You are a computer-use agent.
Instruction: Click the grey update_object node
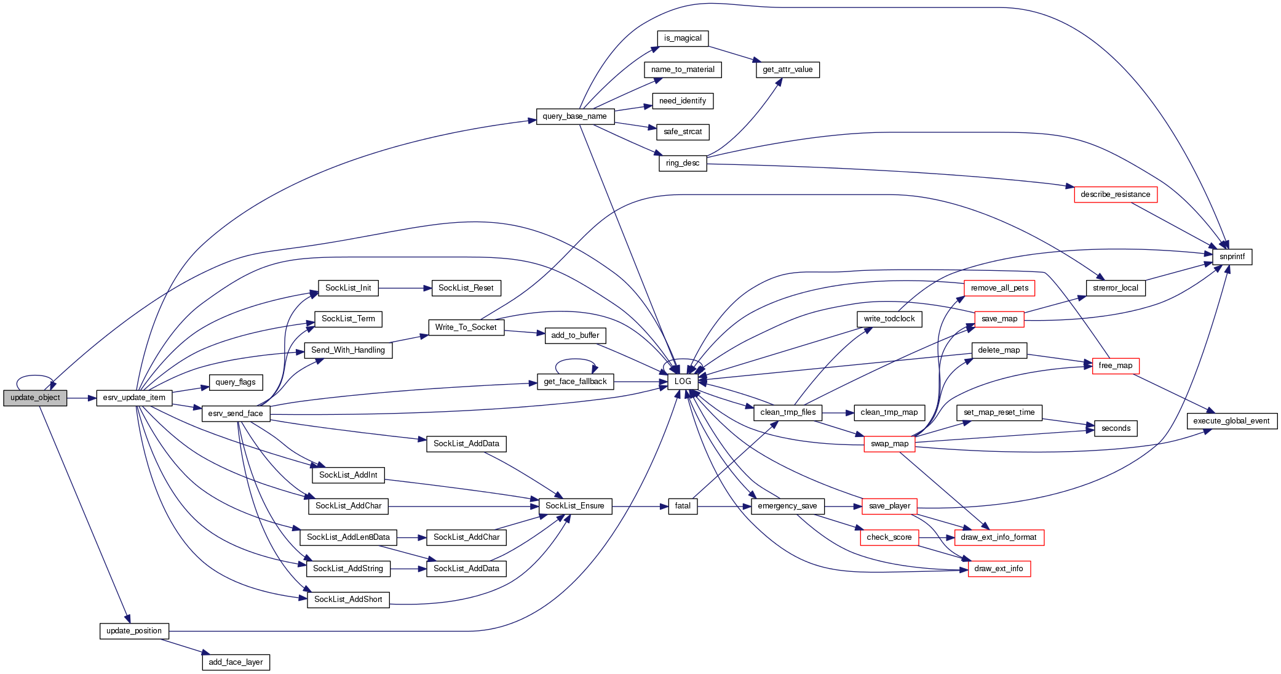pos(35,398)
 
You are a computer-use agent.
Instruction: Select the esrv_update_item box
pos(134,398)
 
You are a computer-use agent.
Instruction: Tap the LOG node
pos(683,382)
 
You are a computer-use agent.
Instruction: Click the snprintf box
pos(1232,257)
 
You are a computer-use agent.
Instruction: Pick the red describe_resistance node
pos(1115,195)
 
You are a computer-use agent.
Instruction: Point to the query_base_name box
pos(574,116)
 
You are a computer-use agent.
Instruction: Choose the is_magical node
pos(683,38)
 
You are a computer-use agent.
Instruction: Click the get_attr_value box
pos(787,70)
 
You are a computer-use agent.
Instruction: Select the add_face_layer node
pos(236,662)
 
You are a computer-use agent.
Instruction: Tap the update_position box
pos(134,631)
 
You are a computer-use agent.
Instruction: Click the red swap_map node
pos(889,444)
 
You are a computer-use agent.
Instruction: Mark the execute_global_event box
pos(1231,421)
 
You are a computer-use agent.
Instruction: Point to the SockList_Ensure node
pos(575,506)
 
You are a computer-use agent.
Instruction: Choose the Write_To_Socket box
pos(466,327)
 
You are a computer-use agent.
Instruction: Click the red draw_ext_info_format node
pos(999,537)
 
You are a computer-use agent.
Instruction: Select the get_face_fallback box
pos(575,382)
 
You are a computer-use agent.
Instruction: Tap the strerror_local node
pos(1115,288)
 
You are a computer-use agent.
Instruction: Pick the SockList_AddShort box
pos(348,600)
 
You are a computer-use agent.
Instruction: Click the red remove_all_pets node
pos(999,288)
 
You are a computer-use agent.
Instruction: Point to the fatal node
pos(683,506)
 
